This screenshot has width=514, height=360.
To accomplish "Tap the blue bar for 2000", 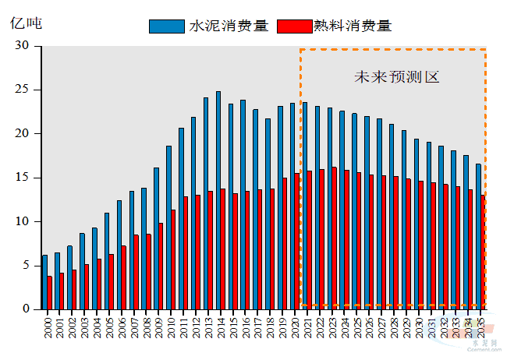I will tap(45, 281).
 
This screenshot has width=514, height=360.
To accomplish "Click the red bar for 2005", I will tap(112, 281).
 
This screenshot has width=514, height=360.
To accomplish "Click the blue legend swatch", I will tap(167, 26).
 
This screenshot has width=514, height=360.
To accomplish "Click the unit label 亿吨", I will tap(27, 22).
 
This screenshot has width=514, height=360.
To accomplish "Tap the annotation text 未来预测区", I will tap(397, 77).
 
